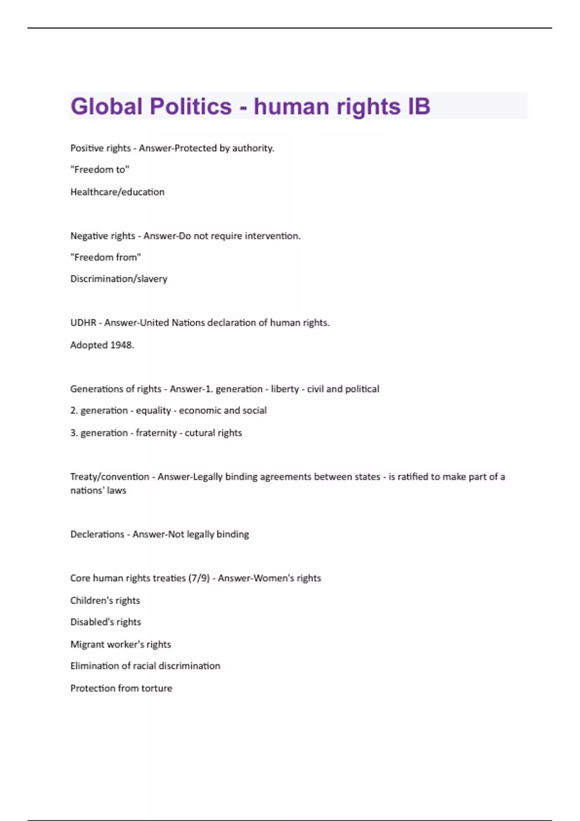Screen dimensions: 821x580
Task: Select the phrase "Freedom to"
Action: [100, 170]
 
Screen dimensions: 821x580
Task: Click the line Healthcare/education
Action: [117, 192]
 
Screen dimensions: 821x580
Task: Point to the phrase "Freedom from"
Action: [106, 257]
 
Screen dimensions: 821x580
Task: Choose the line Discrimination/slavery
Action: [119, 279]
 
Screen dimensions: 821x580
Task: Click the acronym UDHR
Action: [83, 323]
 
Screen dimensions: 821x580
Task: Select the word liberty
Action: [285, 389]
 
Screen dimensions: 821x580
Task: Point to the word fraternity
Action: [156, 433]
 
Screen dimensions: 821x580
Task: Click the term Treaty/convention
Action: [110, 477]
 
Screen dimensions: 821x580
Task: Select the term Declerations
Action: [97, 534]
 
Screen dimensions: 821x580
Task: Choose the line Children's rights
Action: [105, 600]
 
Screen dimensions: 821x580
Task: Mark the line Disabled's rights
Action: [105, 622]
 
